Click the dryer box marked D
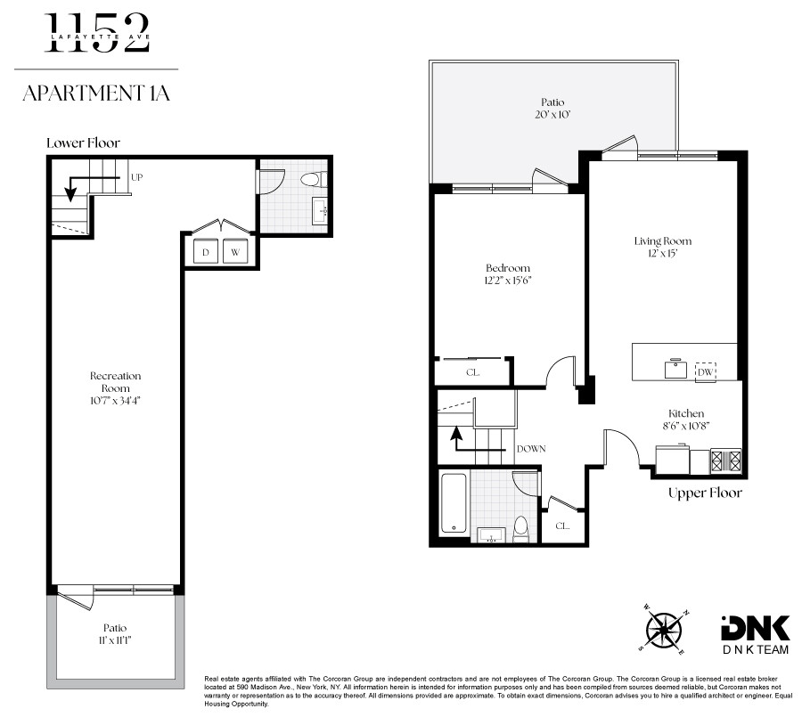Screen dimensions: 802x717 (x=206, y=251)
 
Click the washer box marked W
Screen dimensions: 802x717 (x=235, y=251)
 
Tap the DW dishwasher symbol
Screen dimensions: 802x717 (x=705, y=371)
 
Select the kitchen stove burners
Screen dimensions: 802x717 (x=725, y=460)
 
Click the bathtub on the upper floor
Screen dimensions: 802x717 (x=454, y=503)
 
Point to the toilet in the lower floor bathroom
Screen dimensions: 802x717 (x=313, y=180)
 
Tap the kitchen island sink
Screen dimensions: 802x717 (x=675, y=368)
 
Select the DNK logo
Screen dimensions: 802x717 (x=755, y=635)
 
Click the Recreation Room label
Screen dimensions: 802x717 (x=115, y=382)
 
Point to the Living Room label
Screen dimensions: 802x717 (x=663, y=240)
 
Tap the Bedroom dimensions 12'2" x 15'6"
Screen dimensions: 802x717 (x=509, y=281)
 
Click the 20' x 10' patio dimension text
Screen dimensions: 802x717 (x=552, y=115)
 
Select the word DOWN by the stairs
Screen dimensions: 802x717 (x=531, y=449)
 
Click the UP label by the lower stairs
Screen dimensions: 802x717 (x=136, y=177)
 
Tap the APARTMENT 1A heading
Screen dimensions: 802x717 (x=96, y=94)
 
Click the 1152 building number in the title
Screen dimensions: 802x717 (x=97, y=33)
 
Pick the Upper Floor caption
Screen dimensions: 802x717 (x=705, y=493)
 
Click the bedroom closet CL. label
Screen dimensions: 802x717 (x=472, y=372)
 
